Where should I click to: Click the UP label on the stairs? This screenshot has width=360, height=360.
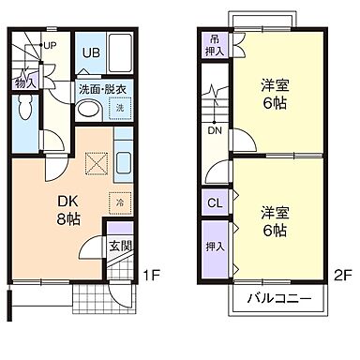pyautogui.click(x=50, y=44)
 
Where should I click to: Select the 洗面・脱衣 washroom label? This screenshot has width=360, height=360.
pyautogui.click(x=102, y=90)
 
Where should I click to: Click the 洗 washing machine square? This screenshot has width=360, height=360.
pyautogui.click(x=119, y=110)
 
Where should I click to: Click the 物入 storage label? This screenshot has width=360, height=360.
pyautogui.click(x=24, y=82)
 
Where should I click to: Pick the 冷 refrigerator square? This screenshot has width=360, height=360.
pyautogui.click(x=120, y=201)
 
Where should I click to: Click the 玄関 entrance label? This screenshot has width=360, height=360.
pyautogui.click(x=119, y=246)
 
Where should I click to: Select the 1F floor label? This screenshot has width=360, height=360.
pyautogui.click(x=153, y=276)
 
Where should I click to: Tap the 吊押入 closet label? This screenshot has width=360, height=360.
pyautogui.click(x=215, y=45)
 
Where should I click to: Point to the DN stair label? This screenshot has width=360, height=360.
pyautogui.click(x=215, y=130)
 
